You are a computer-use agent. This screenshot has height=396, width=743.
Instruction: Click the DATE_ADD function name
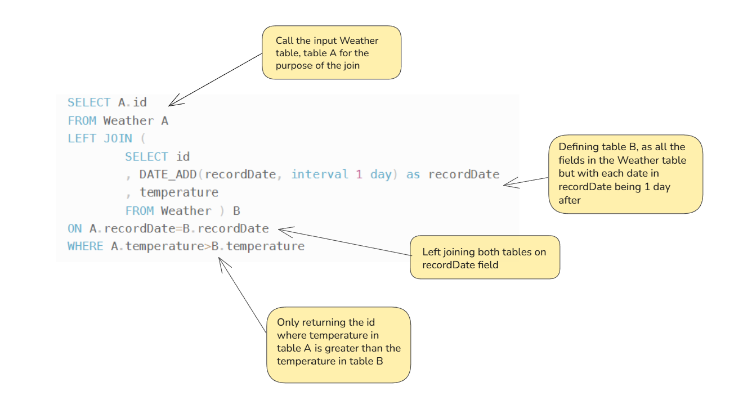[x=168, y=174]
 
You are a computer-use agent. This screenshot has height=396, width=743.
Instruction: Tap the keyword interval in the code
[x=320, y=174]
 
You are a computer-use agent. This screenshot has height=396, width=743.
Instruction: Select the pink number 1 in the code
[x=359, y=174]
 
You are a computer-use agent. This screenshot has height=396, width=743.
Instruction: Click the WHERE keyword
[x=85, y=246]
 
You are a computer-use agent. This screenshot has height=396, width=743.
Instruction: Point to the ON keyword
[x=75, y=228]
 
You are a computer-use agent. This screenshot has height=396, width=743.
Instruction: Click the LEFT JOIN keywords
[x=100, y=138]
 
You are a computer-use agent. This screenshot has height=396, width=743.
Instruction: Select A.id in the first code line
[x=132, y=102]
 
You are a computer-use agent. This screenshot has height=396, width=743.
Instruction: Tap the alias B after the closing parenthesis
[x=236, y=211]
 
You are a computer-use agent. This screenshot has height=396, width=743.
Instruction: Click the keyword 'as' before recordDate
[x=413, y=174]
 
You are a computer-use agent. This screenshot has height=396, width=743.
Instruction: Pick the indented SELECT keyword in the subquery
[x=146, y=156]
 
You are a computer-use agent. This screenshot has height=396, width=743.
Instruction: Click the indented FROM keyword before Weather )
[x=140, y=211]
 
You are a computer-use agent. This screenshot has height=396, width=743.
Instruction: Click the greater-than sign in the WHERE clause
[x=208, y=246]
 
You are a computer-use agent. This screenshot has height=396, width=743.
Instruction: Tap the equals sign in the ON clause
[x=179, y=228]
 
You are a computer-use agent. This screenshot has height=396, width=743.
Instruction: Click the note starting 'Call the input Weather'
[x=332, y=52]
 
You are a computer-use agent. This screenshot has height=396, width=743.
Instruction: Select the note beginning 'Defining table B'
[x=625, y=174]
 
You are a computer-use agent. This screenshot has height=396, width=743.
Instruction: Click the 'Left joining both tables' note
[x=485, y=257]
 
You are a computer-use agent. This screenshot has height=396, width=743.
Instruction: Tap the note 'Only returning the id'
[x=339, y=345]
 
